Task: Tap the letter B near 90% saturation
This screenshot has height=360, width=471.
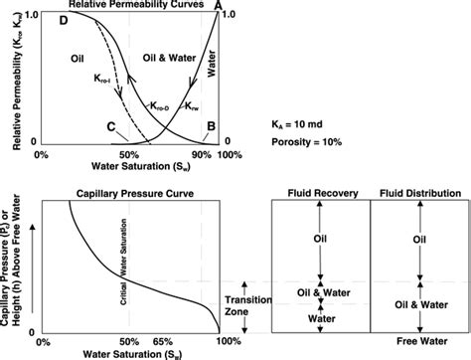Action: (x=209, y=127)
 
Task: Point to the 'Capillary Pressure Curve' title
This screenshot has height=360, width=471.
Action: (x=131, y=192)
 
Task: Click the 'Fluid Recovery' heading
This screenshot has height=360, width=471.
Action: (x=320, y=192)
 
